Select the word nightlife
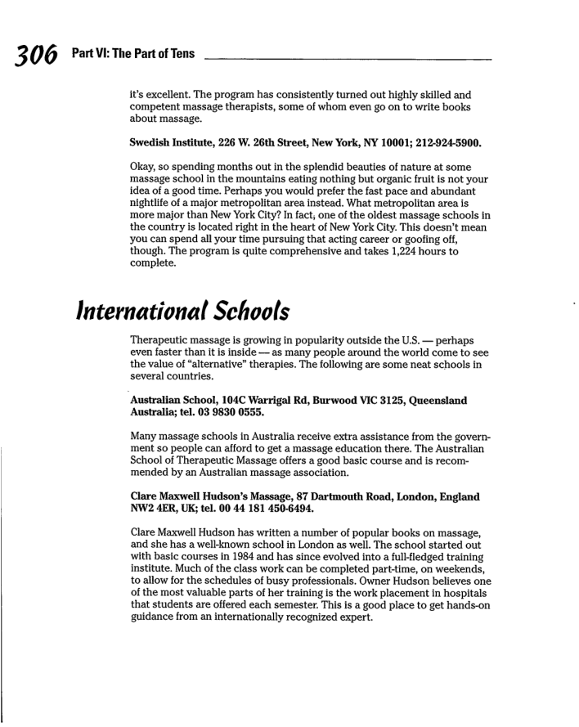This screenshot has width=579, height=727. click(x=154, y=209)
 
